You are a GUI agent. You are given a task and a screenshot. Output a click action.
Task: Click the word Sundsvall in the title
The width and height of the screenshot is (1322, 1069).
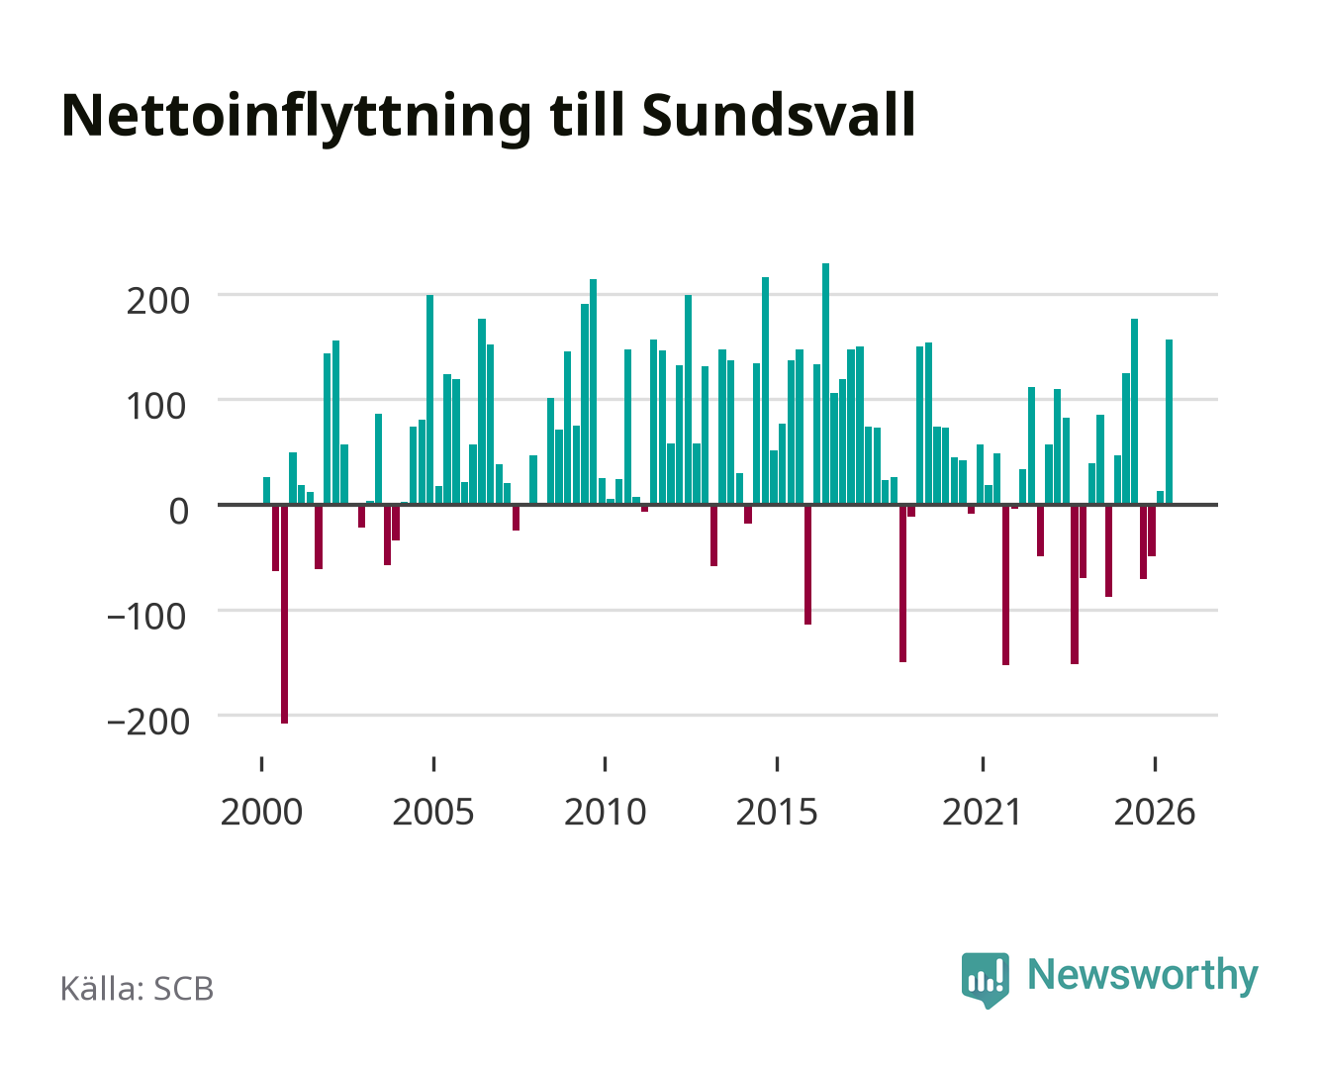[778, 116]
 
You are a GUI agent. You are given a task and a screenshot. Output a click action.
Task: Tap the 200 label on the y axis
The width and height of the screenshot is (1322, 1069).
[157, 302]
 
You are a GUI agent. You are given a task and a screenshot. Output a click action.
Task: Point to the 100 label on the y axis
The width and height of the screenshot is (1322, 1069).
[156, 407]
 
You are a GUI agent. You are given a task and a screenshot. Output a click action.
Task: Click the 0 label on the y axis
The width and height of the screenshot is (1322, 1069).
[179, 512]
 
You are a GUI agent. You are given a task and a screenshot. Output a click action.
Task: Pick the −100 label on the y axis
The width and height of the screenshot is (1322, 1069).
[146, 617]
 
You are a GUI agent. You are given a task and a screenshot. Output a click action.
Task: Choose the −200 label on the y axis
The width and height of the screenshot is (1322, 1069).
[148, 722]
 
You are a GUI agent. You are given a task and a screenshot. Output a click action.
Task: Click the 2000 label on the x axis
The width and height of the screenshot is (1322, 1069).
[261, 812]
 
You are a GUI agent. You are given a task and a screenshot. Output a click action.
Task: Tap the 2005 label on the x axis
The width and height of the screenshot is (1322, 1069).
[433, 812]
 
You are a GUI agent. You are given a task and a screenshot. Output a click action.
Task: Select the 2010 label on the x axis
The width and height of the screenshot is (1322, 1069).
[606, 812]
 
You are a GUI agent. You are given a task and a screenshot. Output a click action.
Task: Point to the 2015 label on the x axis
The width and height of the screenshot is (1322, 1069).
[777, 812]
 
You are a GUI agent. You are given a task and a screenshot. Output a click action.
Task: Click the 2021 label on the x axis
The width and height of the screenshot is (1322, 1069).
[983, 812]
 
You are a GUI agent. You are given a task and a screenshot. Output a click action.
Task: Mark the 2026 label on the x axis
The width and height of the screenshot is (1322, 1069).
[1155, 812]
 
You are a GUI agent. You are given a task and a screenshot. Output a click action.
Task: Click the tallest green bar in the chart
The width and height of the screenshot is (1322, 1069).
[825, 384]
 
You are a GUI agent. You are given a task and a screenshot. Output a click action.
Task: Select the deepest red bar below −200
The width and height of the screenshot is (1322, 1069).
[284, 615]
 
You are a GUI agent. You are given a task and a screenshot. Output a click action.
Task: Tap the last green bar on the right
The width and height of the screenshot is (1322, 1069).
[1169, 422]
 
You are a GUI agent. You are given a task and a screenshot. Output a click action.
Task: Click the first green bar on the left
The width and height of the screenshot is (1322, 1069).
[267, 490]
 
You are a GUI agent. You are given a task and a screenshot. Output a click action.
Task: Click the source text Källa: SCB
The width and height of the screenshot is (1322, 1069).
[138, 988]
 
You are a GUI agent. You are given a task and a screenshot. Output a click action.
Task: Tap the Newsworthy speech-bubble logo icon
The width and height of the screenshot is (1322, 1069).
[985, 980]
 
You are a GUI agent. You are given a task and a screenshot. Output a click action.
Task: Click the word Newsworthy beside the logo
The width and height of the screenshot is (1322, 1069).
[1143, 977]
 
